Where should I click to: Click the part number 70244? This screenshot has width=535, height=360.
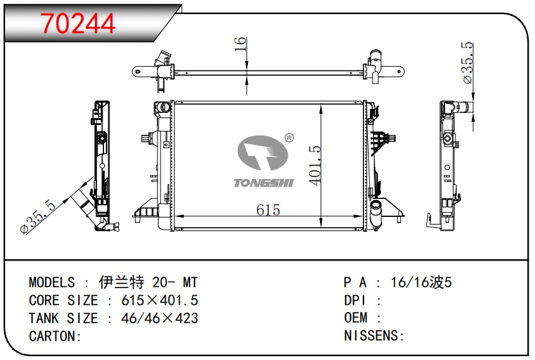click(x=78, y=24)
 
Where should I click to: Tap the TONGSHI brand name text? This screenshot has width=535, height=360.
click(x=263, y=183)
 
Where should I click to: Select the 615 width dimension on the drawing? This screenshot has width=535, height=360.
click(x=268, y=210)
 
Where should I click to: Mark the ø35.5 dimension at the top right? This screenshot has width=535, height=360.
click(x=468, y=63)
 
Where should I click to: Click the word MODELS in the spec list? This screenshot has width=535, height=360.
click(x=52, y=283)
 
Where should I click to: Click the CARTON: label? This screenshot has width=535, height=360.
click(x=55, y=336)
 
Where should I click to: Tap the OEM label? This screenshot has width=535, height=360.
click(x=356, y=318)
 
